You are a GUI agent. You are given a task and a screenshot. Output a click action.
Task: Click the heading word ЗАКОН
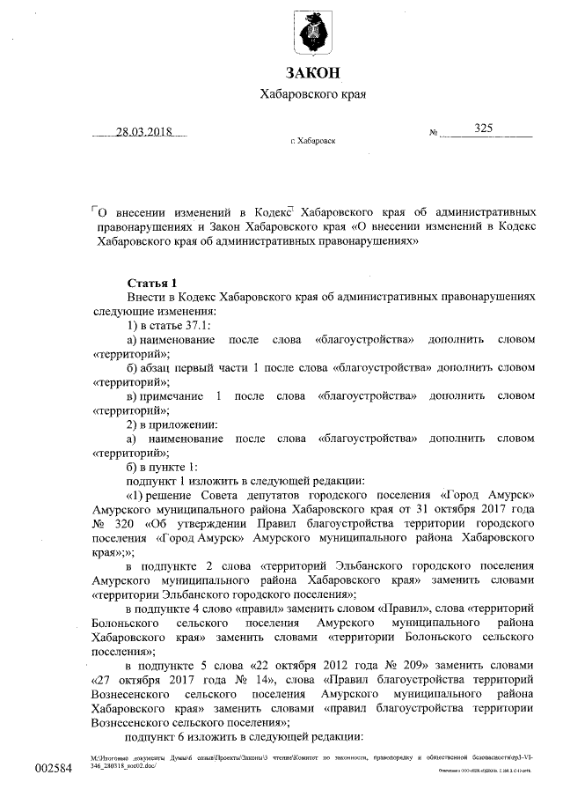click(x=312, y=72)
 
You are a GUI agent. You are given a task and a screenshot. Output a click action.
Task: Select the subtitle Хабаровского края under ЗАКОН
click(x=313, y=94)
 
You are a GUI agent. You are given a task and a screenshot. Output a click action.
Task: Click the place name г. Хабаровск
click(x=312, y=141)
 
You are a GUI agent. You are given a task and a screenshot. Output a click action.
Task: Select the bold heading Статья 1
click(x=152, y=283)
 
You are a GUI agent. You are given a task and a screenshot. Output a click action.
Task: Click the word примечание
click(x=171, y=396)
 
